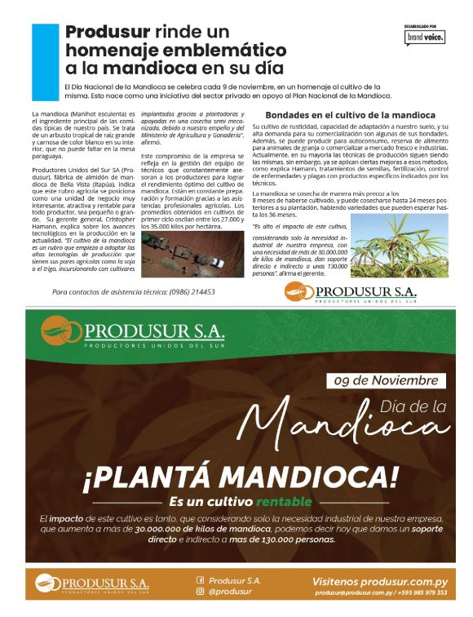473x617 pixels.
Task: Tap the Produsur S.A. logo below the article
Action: point(351,292)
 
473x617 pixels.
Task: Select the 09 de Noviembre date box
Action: point(385,380)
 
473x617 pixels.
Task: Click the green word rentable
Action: point(284,500)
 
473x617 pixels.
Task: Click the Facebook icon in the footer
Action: point(200,580)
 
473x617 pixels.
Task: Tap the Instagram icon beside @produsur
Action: point(200,592)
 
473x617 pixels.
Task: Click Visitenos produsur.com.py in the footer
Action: point(380,580)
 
